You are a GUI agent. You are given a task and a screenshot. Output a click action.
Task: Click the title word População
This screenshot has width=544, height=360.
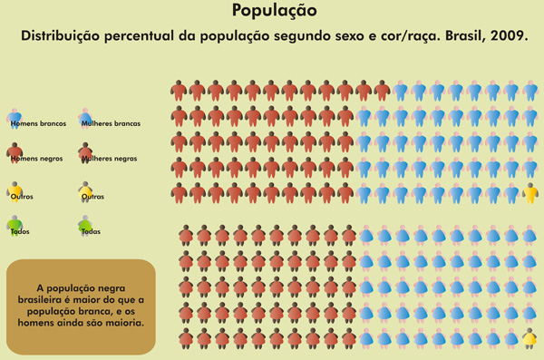(x=274, y=11)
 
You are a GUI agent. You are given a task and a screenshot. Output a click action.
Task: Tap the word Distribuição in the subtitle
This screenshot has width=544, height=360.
(x=62, y=37)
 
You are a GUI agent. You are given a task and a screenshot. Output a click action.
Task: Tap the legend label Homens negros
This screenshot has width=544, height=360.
(x=36, y=158)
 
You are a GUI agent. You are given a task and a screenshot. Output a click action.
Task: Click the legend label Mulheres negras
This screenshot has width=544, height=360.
(x=110, y=158)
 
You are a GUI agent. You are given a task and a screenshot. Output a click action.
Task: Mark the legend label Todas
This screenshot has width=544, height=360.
(x=91, y=231)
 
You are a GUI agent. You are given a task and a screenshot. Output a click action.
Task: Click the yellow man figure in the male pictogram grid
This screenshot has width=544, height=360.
(x=531, y=192)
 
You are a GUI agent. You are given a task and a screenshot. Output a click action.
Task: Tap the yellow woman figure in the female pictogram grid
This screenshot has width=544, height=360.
(x=529, y=338)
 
